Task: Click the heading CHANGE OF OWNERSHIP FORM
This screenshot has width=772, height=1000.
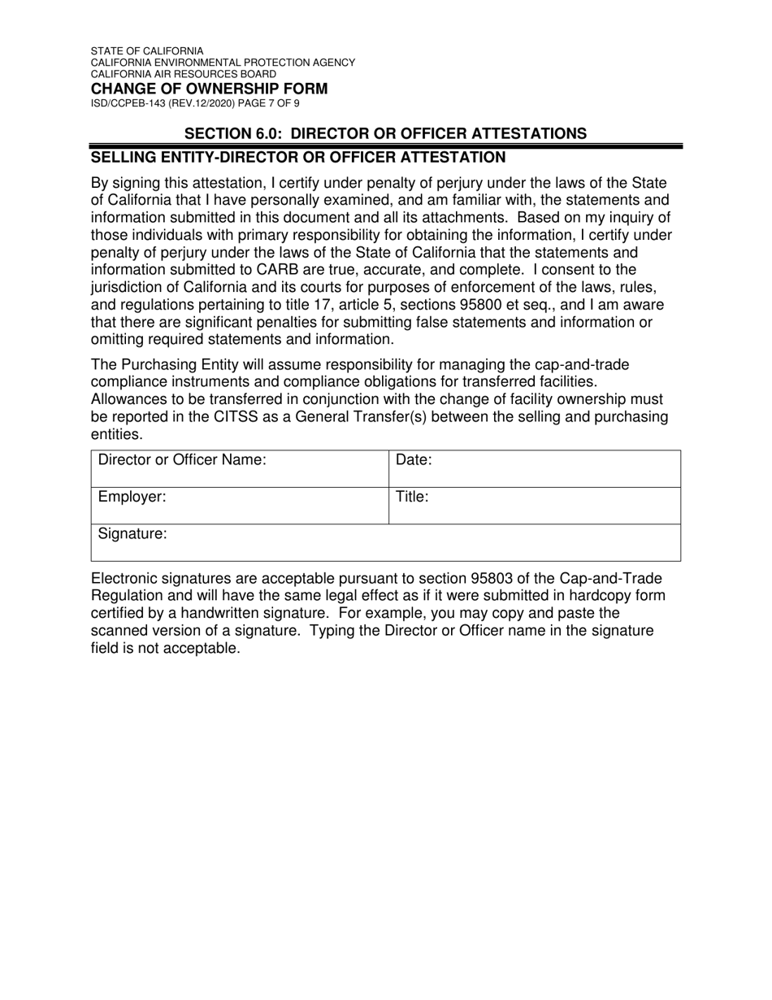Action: click(209, 89)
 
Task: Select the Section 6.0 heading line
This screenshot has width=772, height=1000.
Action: click(385, 133)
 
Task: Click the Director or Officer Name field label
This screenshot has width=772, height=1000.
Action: click(182, 460)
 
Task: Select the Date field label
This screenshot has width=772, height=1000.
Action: click(414, 460)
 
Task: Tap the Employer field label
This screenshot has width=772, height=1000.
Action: click(132, 497)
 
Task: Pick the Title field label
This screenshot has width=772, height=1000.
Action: click(411, 497)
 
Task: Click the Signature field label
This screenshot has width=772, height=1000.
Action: click(132, 534)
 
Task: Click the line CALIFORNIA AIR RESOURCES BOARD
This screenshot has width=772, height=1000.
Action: click(183, 74)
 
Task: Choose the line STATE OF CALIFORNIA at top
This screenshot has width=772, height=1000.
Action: click(147, 51)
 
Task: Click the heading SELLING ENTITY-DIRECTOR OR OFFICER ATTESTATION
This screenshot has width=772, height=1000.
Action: click(298, 157)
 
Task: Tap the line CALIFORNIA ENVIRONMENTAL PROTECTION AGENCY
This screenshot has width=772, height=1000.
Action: click(223, 63)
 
